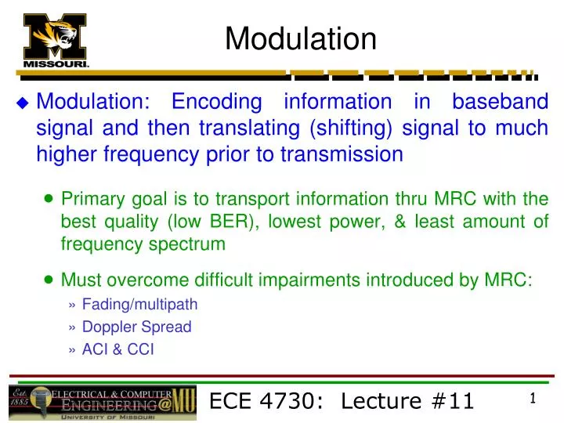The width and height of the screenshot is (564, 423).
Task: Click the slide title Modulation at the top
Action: tap(301, 38)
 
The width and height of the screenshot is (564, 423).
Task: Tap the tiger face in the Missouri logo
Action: tap(56, 36)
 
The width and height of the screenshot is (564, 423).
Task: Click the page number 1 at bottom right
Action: tap(533, 399)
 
